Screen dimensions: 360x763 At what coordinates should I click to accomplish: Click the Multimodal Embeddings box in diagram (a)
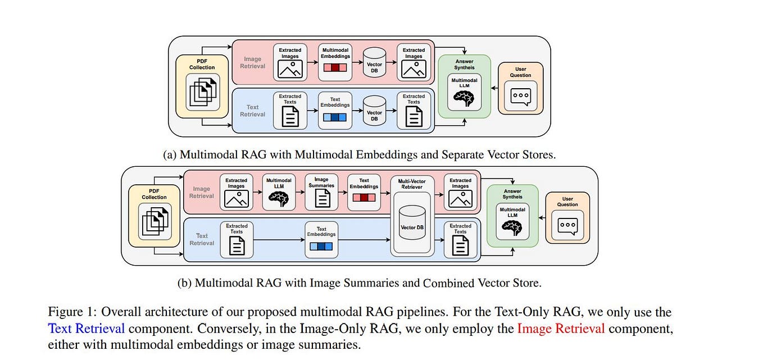(335, 62)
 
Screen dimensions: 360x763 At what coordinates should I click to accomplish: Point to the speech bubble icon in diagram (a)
(520, 96)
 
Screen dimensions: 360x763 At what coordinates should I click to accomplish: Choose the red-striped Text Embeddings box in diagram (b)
(364, 192)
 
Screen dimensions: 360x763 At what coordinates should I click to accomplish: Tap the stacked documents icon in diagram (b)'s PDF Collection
(154, 221)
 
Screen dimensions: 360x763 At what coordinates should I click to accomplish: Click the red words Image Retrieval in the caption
(561, 328)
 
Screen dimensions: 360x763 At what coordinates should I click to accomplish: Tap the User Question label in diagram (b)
(567, 202)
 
